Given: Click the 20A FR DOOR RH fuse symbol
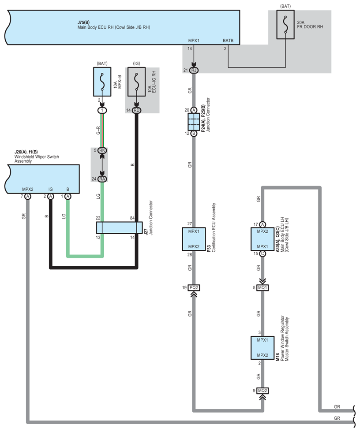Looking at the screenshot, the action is (285, 25).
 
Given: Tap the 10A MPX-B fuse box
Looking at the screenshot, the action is (102, 82).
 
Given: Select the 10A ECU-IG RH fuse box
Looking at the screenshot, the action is (136, 82).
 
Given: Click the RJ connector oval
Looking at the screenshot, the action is (194, 70).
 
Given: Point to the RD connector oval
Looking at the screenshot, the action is (136, 110).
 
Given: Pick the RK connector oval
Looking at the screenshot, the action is (102, 150).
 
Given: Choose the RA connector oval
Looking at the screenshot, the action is (102, 179).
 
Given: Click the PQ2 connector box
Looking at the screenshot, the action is (194, 287).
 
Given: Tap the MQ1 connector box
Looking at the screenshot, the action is (262, 287).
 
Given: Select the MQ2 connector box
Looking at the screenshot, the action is (262, 391).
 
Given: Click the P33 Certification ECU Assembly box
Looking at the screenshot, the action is (194, 239).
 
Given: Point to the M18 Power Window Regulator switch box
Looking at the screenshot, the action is (262, 348).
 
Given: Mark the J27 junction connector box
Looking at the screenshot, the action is (120, 227).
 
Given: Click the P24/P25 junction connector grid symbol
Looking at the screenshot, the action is (194, 122).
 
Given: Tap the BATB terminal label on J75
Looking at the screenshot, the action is (228, 41).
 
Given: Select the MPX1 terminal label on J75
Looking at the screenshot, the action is (194, 41).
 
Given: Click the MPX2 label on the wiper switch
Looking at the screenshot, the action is (27, 189).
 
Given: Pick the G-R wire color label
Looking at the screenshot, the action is (98, 130).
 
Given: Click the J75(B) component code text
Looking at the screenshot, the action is (83, 22).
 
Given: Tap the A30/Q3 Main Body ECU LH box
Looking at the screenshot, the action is (262, 239).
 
